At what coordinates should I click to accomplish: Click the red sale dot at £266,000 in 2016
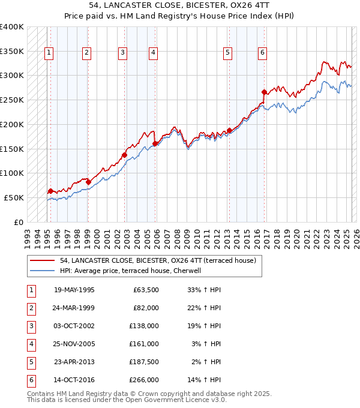(x=265, y=92)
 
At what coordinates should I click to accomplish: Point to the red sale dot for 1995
(x=50, y=191)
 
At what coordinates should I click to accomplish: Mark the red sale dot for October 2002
(x=124, y=155)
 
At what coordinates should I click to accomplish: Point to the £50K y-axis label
(x=14, y=197)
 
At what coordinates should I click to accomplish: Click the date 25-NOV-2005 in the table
(x=74, y=344)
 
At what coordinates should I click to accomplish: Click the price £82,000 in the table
(x=145, y=308)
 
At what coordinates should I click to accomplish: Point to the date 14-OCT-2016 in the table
(x=74, y=380)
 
